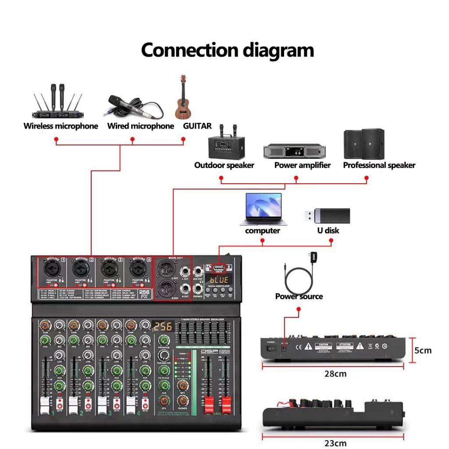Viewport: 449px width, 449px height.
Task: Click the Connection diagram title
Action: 227,50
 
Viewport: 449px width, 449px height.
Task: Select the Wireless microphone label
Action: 61,126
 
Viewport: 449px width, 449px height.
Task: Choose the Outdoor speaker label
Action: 224,165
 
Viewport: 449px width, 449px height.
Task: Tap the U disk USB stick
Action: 327,215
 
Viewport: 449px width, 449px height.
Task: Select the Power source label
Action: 299,296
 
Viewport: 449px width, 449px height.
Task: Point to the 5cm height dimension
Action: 423,350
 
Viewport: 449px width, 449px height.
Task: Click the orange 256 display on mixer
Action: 163,326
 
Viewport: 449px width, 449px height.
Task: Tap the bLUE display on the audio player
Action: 219,279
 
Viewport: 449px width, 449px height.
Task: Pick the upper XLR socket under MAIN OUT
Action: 168,268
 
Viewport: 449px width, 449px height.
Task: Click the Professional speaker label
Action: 379,165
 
